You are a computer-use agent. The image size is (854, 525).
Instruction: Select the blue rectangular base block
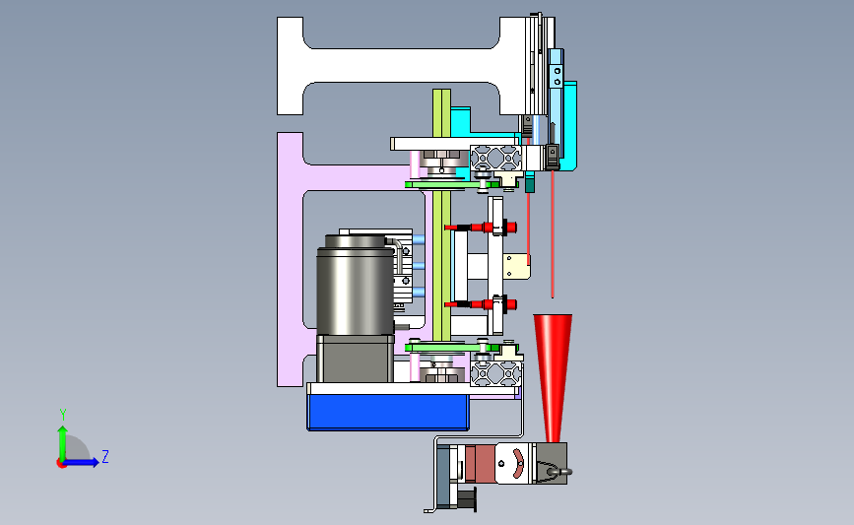pos(388,413)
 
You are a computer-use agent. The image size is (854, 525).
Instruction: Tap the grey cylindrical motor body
pos(356,289)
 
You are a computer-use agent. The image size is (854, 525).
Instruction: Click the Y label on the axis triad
pos(63,415)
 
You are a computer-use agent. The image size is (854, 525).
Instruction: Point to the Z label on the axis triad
pos(105,456)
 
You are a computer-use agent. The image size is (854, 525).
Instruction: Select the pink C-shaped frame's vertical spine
pos(290,259)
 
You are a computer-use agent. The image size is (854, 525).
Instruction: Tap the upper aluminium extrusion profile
pos(495,158)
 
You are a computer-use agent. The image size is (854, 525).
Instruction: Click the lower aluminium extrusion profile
pos(496,373)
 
